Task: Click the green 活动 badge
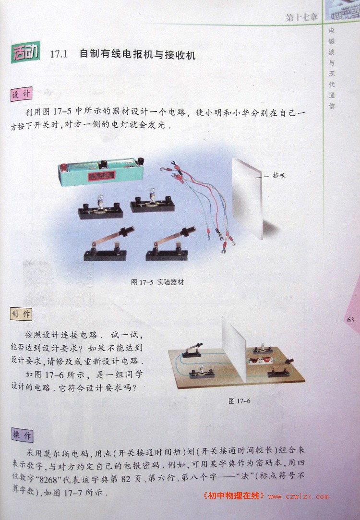coord(25,52)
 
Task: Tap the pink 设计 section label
coord(22,94)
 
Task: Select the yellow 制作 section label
coord(21,314)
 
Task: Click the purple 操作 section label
coord(22,435)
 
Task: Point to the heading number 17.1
coord(59,54)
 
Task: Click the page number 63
coord(350,320)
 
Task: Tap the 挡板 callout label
coord(279,175)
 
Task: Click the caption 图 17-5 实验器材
coord(157,282)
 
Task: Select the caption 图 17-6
coord(240,401)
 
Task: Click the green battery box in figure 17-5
coord(101,171)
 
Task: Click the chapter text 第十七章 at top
coord(301,17)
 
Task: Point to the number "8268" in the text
coord(48,479)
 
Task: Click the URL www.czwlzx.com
coord(299,496)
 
